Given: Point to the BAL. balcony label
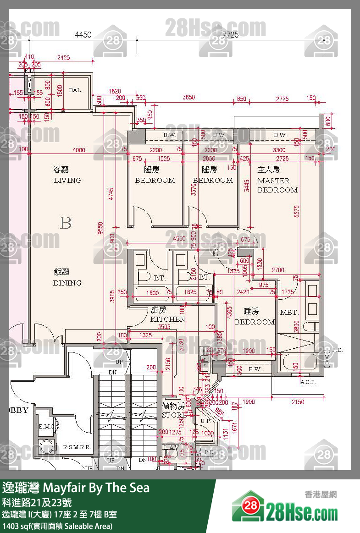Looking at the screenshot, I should (x=75, y=90).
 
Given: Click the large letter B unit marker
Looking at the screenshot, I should (x=66, y=223).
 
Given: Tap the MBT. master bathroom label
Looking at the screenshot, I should (x=289, y=313).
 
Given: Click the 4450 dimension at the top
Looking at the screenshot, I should (x=83, y=34).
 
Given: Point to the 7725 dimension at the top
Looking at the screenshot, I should (x=230, y=34).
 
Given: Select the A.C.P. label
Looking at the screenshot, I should (x=307, y=382).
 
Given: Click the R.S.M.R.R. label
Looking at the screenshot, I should (x=77, y=447).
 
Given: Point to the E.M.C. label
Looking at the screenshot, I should (x=46, y=427).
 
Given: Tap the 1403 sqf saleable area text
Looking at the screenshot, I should (x=57, y=526).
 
